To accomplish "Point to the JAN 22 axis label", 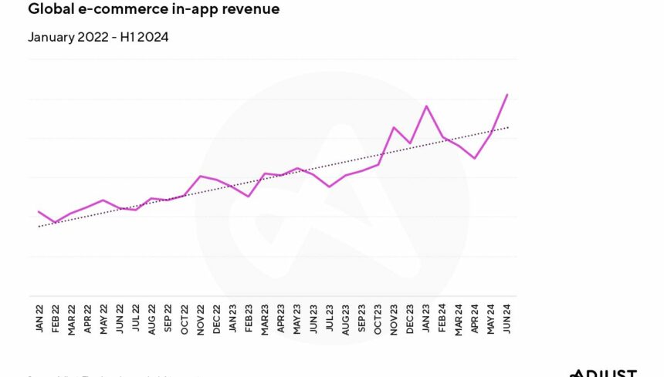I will tap(39, 318).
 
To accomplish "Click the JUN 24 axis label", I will tap(507, 318).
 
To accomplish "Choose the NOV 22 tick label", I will tap(201, 318).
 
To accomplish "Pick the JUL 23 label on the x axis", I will tap(330, 318).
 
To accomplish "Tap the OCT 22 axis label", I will tap(185, 318).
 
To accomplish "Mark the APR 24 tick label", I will tap(475, 318).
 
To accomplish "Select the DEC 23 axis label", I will tap(410, 318).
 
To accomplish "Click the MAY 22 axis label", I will tap(103, 318).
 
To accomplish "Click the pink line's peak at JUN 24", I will tap(506, 95).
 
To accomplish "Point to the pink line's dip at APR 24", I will tap(475, 158).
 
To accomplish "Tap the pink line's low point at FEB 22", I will tap(55, 222).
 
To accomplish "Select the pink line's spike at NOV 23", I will tap(394, 127).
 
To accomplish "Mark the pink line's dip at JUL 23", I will tap(330, 187).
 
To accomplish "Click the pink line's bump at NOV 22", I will tap(201, 176).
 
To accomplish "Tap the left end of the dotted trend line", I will tap(38, 227).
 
